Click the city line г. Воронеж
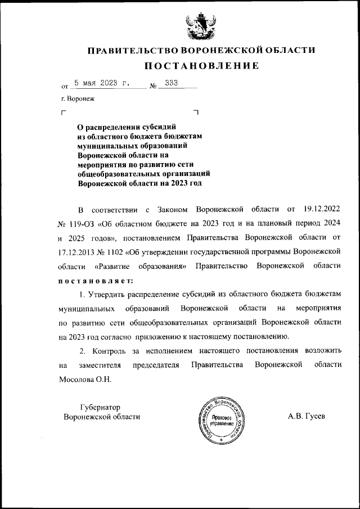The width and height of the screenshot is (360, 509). [79, 99]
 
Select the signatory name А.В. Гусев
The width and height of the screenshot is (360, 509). [306, 417]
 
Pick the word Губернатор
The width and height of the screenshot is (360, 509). [100, 407]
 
